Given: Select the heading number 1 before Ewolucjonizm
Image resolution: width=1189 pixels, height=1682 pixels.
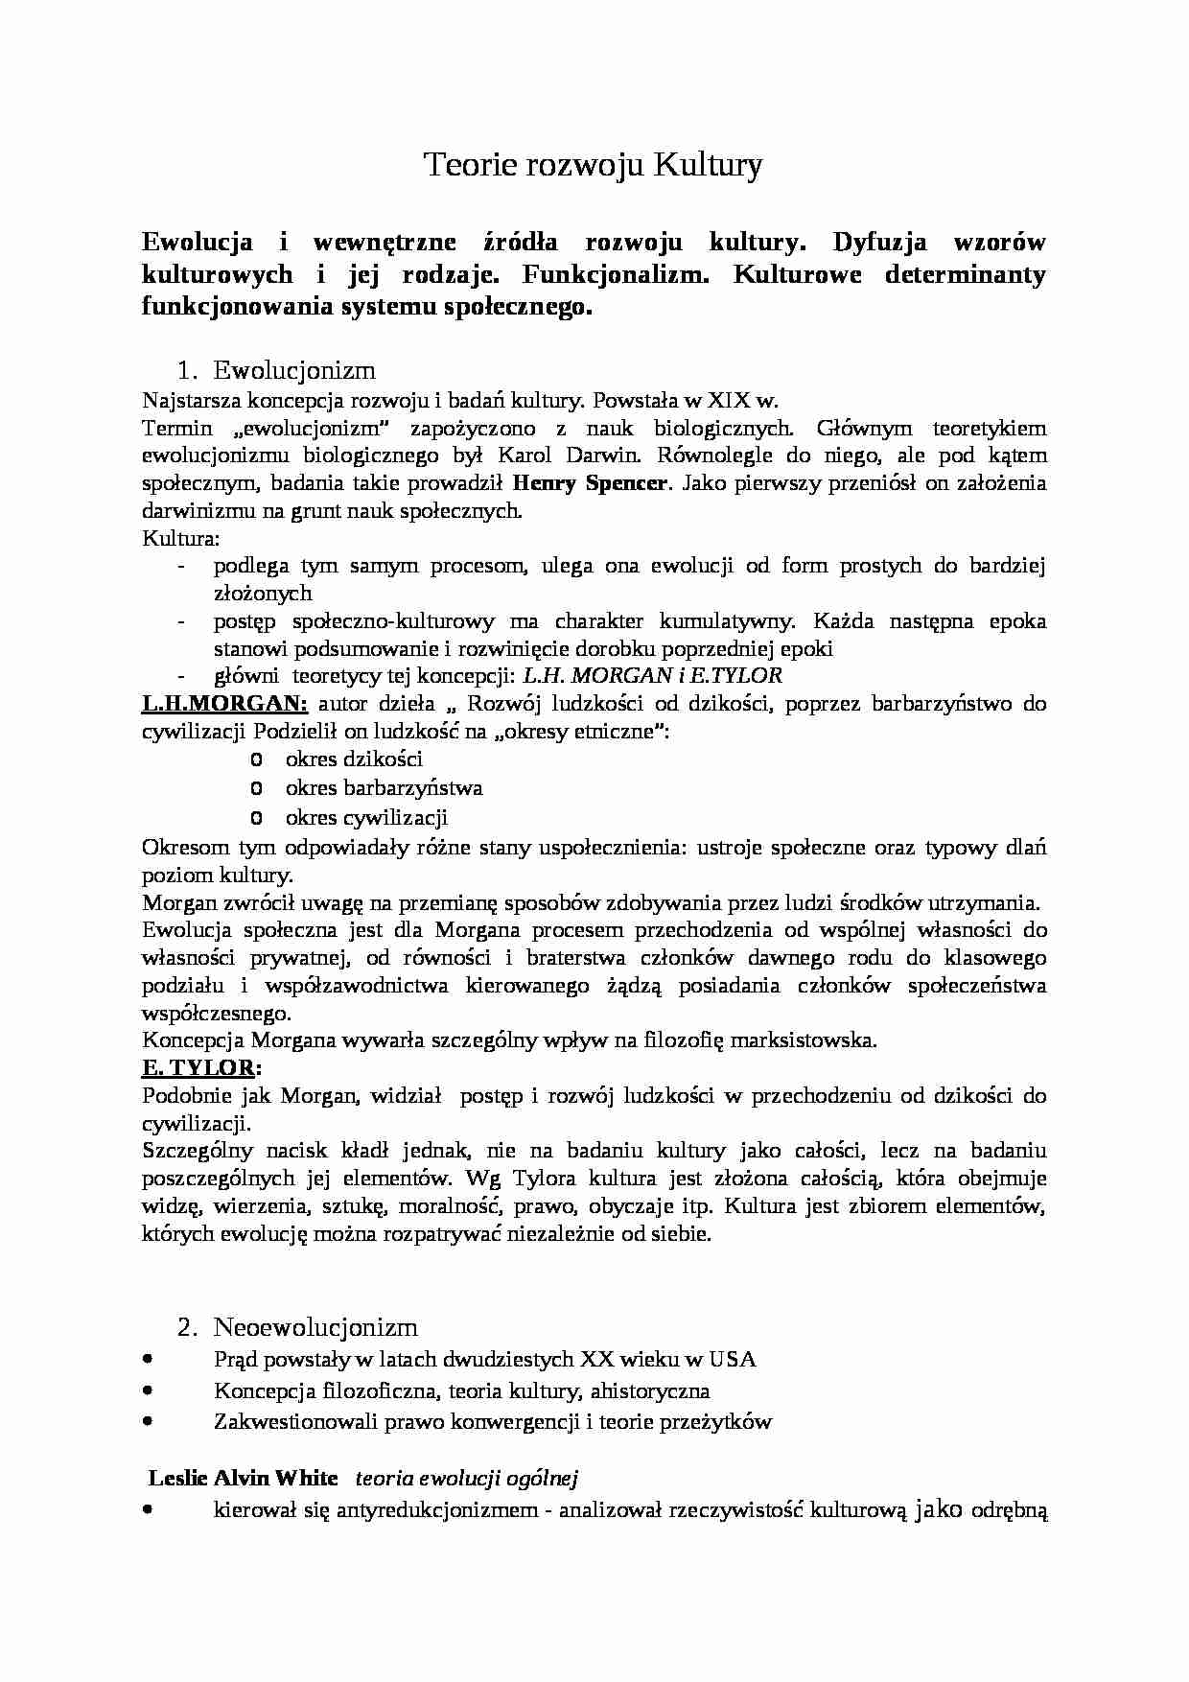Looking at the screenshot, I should click(x=186, y=370).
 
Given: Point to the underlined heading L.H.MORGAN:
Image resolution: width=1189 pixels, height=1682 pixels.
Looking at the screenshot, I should click(x=224, y=704).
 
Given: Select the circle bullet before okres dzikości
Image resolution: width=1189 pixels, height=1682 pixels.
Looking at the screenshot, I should click(x=255, y=760).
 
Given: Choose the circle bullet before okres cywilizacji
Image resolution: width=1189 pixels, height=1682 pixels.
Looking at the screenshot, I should click(x=255, y=818).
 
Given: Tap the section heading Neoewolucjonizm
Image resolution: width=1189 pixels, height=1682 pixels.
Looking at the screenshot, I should click(x=315, y=1327).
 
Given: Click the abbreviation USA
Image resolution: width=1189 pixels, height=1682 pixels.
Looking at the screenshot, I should click(x=733, y=1359).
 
